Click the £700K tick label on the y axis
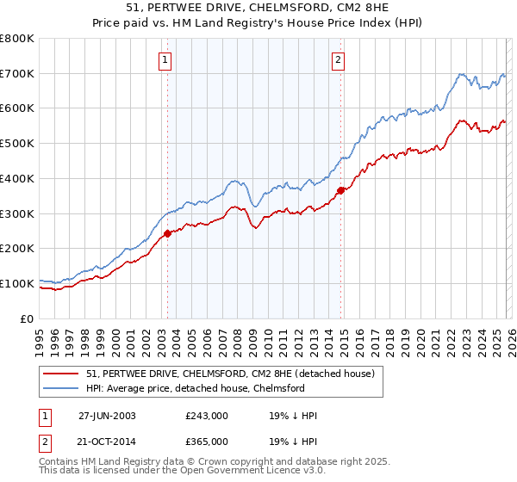pos(17,74)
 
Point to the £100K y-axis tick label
pos(17,283)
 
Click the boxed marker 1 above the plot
pos(165,59)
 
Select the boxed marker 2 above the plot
pos(338,59)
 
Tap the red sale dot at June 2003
pos(168,233)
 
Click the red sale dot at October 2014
pos(341,190)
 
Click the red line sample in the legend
pos(62,374)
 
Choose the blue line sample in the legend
pos(62,388)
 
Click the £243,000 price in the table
pos(207,416)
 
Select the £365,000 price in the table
pos(207,442)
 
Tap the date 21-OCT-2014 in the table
pos(108,442)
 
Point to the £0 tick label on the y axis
pos(26,318)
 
